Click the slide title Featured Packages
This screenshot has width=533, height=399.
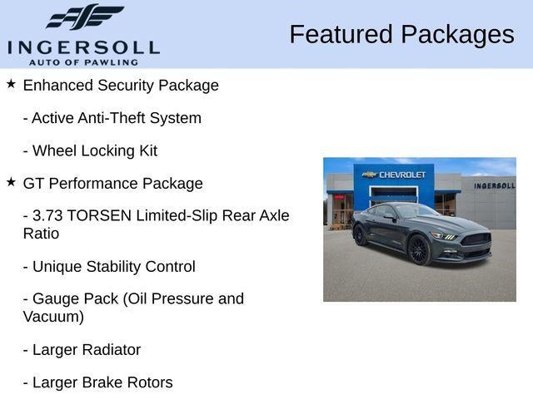tap(401, 34)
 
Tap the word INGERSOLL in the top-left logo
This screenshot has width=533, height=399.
tap(83, 47)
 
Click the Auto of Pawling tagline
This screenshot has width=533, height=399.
tap(83, 62)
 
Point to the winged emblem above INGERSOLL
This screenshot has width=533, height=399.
tap(85, 17)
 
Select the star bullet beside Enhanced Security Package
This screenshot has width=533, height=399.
tap(11, 84)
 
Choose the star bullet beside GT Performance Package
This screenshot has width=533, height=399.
tap(11, 182)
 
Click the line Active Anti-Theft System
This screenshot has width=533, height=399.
tap(112, 118)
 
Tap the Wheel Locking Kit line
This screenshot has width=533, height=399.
tap(90, 151)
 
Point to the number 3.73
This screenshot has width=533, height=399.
tap(47, 216)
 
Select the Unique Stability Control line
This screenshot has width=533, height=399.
tap(109, 267)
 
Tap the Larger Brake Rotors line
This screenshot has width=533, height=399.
tap(97, 383)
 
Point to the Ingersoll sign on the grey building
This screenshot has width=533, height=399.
tap(494, 185)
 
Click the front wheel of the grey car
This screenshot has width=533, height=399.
tap(419, 249)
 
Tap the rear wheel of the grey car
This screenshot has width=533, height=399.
tap(360, 235)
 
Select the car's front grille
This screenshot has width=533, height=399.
tap(476, 239)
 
